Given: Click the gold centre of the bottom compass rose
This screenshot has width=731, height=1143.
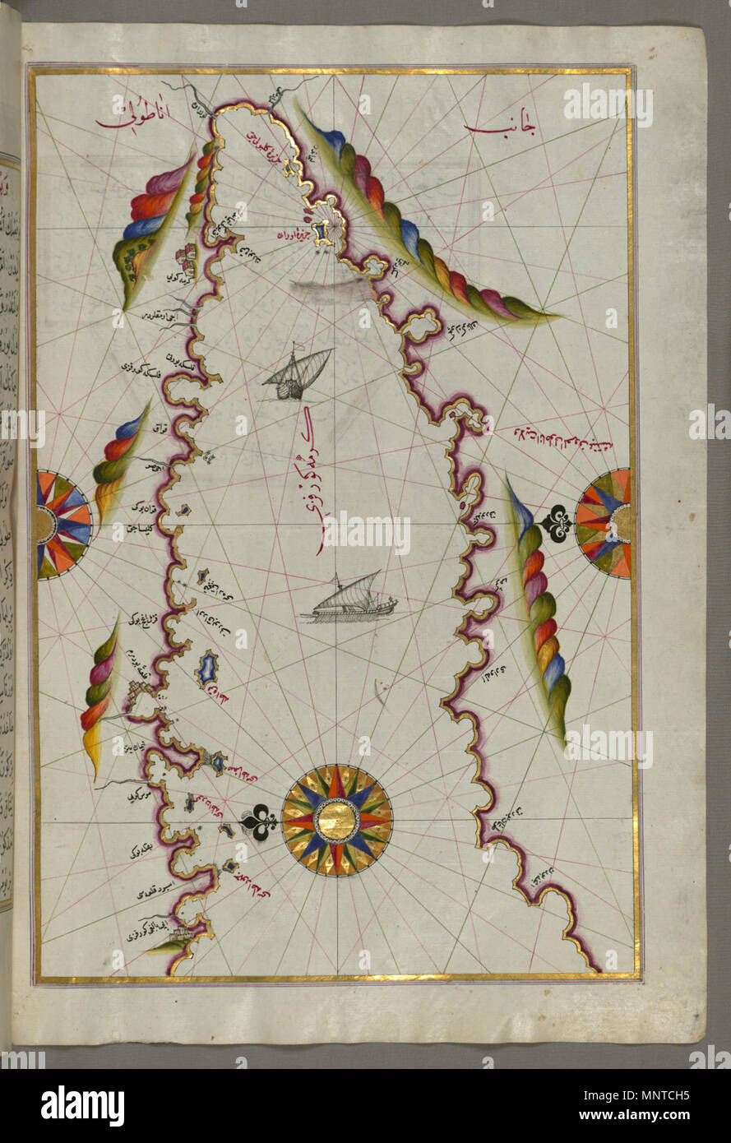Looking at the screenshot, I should click(337, 820).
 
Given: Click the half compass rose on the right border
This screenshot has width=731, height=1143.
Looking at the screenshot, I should click(604, 523).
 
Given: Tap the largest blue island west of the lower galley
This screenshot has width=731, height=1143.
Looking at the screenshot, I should click(208, 667).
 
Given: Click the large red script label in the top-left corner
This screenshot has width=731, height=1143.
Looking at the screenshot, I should click(145, 118).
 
